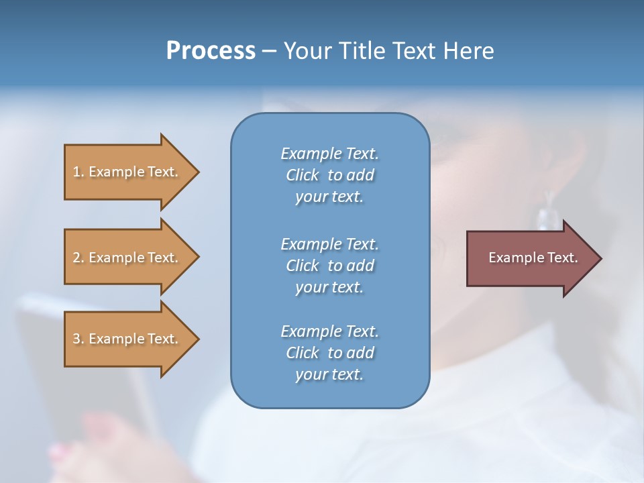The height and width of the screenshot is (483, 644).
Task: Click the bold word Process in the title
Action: tap(211, 51)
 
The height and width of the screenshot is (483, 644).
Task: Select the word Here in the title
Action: tap(469, 51)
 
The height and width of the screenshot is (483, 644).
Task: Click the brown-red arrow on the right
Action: tap(530, 258)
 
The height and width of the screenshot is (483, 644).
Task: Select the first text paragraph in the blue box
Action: tap(329, 175)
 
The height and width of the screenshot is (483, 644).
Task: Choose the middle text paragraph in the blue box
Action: tap(329, 266)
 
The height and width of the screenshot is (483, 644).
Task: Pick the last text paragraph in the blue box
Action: tap(329, 353)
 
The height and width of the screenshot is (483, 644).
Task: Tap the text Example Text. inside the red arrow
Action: tap(533, 258)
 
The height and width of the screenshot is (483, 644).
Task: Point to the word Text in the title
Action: tap(413, 51)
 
